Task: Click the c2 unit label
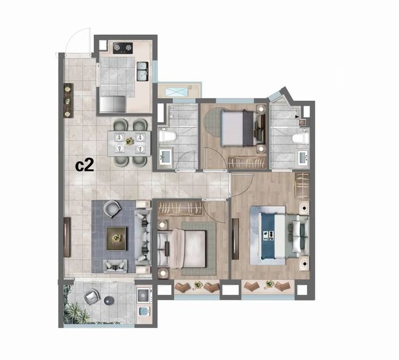(x=85, y=166)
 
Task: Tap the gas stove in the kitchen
(x=123, y=48)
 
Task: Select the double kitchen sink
(x=143, y=71)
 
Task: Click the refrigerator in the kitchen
(x=112, y=104)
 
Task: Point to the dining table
(x=129, y=143)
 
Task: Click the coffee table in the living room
(x=116, y=239)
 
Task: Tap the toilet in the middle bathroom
(x=167, y=136)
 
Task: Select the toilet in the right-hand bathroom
(x=300, y=138)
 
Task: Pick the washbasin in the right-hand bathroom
(x=304, y=158)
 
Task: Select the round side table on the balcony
(x=109, y=300)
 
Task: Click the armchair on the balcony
(x=92, y=297)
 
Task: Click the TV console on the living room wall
(x=67, y=237)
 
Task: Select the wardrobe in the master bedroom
(x=302, y=187)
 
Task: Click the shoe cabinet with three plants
(x=68, y=100)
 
